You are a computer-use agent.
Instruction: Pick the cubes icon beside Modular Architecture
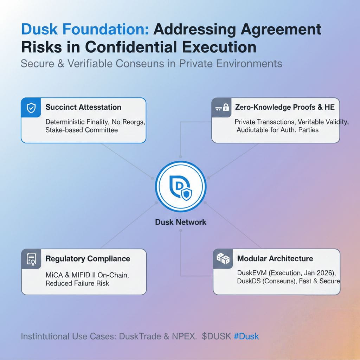223,259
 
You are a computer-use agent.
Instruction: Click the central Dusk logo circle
180,187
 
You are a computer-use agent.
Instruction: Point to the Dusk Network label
180,222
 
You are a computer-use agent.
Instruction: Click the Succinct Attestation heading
83,108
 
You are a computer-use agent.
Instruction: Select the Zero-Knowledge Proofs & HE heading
284,107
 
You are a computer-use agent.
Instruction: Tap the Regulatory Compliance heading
88,259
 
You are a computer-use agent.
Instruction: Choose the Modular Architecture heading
275,259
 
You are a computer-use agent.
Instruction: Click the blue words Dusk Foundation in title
85,29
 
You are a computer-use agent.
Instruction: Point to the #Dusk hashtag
246,336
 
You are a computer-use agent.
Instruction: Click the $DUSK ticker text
216,336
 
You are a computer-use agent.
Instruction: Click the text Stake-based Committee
82,130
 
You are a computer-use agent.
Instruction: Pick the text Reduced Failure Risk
77,283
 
